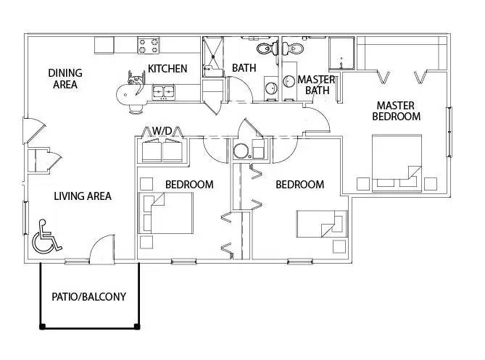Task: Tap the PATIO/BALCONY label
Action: [x=88, y=296]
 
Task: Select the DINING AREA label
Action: [x=65, y=78]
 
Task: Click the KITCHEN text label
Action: [x=167, y=69]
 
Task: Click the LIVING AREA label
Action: [x=83, y=196]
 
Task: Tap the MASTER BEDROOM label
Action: [x=396, y=111]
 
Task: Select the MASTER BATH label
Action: [x=315, y=85]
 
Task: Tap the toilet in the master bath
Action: [x=294, y=49]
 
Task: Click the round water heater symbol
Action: [x=241, y=151]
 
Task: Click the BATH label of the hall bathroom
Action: [x=243, y=69]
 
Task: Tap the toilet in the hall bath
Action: [x=266, y=49]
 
